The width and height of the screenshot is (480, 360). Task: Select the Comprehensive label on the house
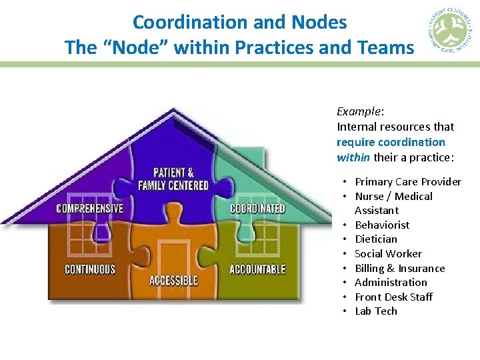pyautogui.click(x=89, y=208)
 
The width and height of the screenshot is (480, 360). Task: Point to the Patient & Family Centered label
pyautogui.click(x=173, y=179)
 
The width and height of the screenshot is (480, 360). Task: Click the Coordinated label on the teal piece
pyautogui.click(x=257, y=208)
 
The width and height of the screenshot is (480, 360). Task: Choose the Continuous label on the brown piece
pyautogui.click(x=89, y=269)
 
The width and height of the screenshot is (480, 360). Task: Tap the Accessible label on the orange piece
pyautogui.click(x=173, y=280)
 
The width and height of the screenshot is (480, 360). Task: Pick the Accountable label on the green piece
pyautogui.click(x=257, y=269)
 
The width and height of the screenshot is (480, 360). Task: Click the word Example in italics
pyautogui.click(x=359, y=111)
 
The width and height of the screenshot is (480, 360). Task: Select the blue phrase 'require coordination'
pyautogui.click(x=391, y=142)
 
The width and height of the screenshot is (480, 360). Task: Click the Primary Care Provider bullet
pyautogui.click(x=407, y=181)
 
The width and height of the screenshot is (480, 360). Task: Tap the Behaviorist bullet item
pyautogui.click(x=382, y=225)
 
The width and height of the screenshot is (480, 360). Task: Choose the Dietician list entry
pyautogui.click(x=375, y=239)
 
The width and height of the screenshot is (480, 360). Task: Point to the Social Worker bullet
pyautogui.click(x=388, y=253)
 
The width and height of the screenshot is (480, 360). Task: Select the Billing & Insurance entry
pyautogui.click(x=399, y=268)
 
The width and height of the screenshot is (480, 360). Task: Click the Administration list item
pyautogui.click(x=391, y=282)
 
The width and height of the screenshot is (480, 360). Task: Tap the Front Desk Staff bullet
pyautogui.click(x=393, y=297)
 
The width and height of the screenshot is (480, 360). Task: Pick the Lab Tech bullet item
pyautogui.click(x=375, y=311)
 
